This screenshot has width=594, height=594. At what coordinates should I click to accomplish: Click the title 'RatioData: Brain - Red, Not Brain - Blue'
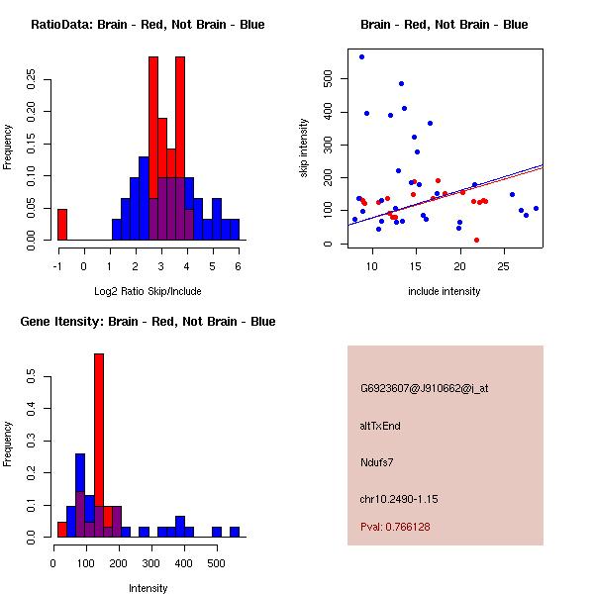[148, 25]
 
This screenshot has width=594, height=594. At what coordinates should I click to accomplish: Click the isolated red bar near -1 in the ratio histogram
[61, 224]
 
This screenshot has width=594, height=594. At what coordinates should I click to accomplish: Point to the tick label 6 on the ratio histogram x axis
[238, 265]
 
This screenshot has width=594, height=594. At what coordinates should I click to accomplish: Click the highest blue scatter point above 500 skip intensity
[361, 56]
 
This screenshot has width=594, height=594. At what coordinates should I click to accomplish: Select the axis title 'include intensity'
[444, 292]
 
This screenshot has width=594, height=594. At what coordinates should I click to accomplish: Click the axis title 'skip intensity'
[304, 148]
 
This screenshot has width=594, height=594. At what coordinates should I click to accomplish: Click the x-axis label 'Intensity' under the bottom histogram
[148, 589]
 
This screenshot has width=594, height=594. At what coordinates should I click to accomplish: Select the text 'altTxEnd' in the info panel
[380, 426]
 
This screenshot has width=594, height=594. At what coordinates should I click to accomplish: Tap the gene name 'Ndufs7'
[377, 461]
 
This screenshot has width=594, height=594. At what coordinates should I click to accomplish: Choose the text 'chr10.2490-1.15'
[399, 498]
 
